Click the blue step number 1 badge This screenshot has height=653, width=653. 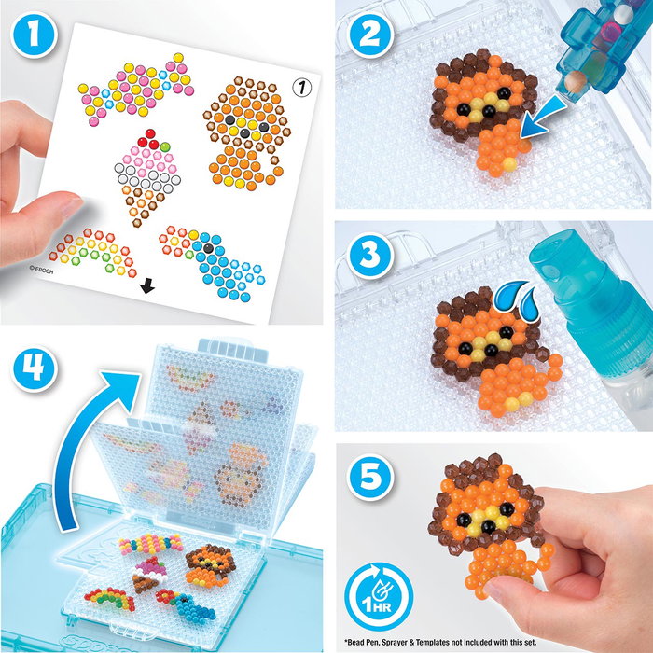32,35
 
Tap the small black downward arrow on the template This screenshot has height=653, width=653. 146,288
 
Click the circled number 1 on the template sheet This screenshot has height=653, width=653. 300,88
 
